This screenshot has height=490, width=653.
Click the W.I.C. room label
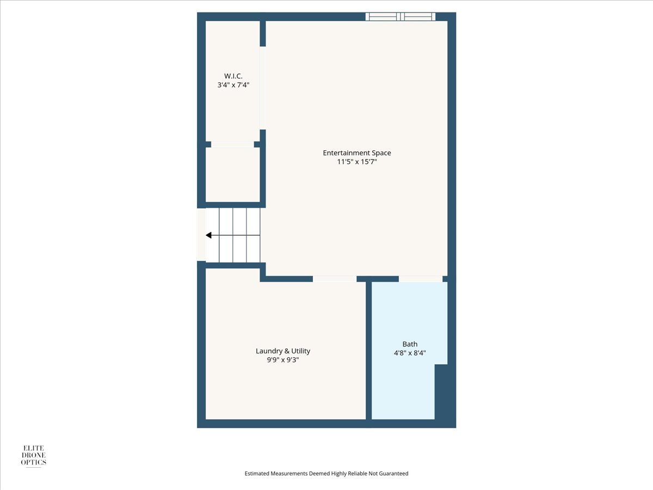click(x=233, y=76)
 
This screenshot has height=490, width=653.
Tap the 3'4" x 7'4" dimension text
click(x=233, y=85)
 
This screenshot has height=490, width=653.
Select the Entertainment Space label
click(x=357, y=153)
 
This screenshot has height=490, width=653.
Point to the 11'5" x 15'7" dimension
click(x=357, y=162)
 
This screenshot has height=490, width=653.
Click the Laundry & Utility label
click(x=283, y=351)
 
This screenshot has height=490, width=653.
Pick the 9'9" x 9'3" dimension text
click(x=283, y=360)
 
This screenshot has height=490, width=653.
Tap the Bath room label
click(x=410, y=344)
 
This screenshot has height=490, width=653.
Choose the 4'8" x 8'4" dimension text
click(x=410, y=353)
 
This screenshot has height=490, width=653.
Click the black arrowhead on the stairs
click(x=208, y=235)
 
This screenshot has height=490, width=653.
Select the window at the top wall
click(x=401, y=17)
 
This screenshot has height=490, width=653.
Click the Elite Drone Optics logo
click(x=34, y=456)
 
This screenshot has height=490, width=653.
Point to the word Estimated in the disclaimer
click(x=257, y=473)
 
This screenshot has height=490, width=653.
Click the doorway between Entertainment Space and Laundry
click(x=335, y=279)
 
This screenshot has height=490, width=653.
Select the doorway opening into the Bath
click(x=421, y=279)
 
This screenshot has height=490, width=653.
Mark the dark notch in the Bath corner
click(x=441, y=392)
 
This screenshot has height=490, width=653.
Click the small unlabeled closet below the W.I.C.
click(x=233, y=175)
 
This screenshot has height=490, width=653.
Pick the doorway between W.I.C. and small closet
click(x=233, y=144)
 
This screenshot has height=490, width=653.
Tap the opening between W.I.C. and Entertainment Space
click(x=263, y=88)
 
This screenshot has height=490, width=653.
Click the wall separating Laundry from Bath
click(x=368, y=351)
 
